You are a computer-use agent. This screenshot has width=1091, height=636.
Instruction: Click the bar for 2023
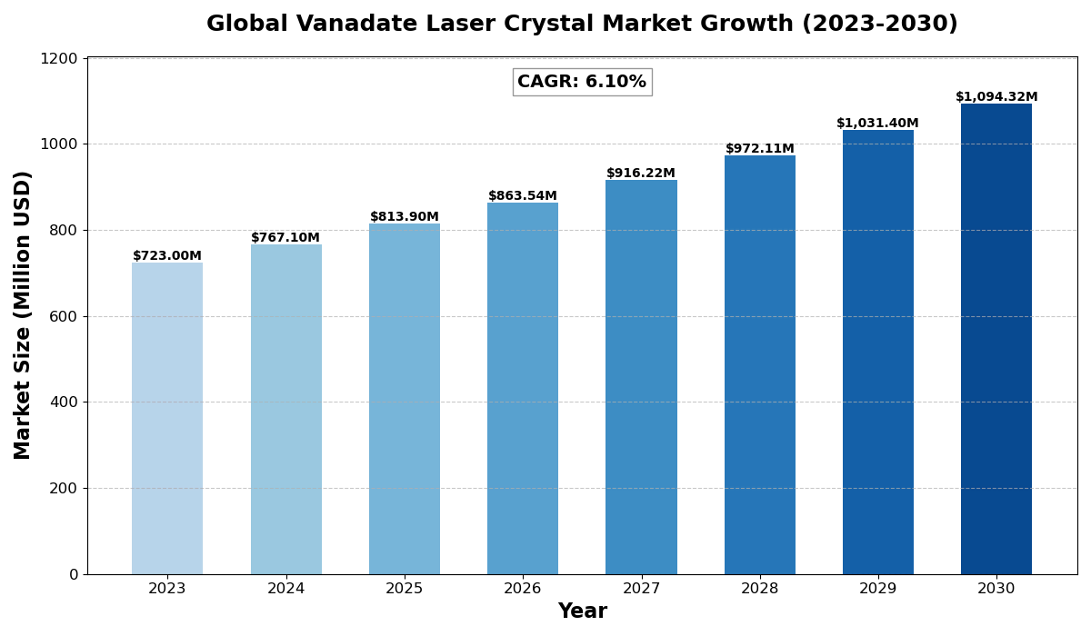click(167, 418)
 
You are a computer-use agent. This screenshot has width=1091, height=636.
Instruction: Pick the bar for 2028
click(760, 364)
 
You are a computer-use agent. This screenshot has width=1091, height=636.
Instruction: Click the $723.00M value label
click(167, 256)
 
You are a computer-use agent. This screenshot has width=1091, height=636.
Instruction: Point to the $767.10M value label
click(285, 238)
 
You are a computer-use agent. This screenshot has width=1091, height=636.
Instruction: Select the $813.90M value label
click(405, 217)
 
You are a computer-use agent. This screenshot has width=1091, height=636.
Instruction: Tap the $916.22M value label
click(641, 174)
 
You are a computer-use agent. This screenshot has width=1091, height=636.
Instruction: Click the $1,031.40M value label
click(877, 124)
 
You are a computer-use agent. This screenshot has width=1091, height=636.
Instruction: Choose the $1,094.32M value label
click(996, 97)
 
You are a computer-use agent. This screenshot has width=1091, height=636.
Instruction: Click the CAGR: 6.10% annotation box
click(582, 82)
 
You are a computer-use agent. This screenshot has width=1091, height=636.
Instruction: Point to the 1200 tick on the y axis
click(60, 58)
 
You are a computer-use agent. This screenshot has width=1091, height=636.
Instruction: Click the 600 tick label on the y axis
click(65, 316)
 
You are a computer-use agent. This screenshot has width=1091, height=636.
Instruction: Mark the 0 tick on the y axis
click(73, 574)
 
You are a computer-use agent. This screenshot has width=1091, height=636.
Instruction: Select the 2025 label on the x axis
click(405, 589)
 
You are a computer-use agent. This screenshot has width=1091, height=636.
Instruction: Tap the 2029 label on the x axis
click(877, 589)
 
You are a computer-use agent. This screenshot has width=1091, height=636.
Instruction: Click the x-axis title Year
click(582, 611)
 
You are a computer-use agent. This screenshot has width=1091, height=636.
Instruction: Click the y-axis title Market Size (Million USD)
click(23, 315)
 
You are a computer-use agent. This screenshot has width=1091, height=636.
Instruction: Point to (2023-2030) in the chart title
click(879, 25)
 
